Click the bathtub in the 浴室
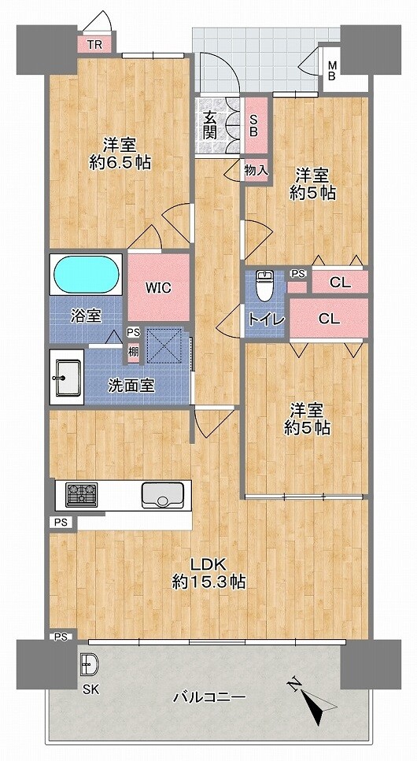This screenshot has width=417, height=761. point(86,273)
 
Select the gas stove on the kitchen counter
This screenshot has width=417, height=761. point(82,494)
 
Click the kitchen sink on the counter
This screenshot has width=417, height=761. point(161,495)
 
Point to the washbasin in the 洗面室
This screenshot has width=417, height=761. point(67,377)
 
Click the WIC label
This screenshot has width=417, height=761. point(159,288)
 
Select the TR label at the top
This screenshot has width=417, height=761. point(94,46)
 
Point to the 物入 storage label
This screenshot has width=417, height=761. point(256,170)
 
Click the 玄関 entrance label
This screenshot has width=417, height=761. point(210,125)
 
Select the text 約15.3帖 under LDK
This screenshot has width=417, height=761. point(208,581)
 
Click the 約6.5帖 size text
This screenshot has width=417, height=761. point(120,162)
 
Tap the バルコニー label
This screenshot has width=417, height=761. point(209,697)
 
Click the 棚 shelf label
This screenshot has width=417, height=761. point(134,351)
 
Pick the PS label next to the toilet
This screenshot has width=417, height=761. point(298,274)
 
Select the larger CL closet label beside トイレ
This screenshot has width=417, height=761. point(329,319)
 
